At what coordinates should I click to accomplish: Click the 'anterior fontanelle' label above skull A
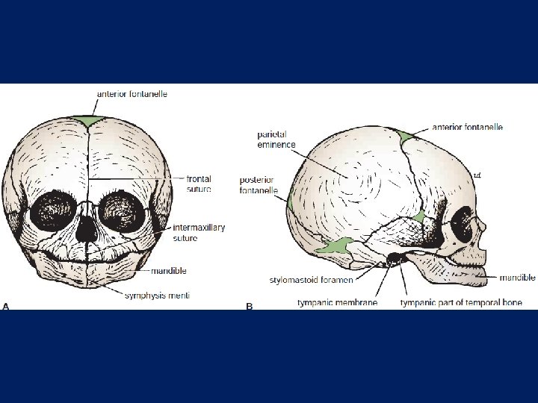tap(132, 94)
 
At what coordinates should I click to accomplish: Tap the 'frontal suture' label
tap(199, 184)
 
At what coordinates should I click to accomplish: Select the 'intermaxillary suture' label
tap(198, 233)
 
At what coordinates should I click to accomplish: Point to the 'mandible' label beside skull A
tap(168, 271)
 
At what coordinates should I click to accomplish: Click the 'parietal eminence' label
tap(276, 140)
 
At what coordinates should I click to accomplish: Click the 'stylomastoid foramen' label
tap(312, 280)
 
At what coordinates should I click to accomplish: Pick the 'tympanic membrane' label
tap(337, 302)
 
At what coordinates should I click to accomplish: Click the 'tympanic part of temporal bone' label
tap(461, 302)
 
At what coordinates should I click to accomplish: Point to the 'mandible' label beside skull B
tap(518, 278)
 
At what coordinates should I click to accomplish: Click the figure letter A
tap(6, 306)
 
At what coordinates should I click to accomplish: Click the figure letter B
tap(250, 306)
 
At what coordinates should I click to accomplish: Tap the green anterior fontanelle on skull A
tap(90, 120)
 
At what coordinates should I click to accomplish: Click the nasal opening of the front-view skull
tap(88, 225)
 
